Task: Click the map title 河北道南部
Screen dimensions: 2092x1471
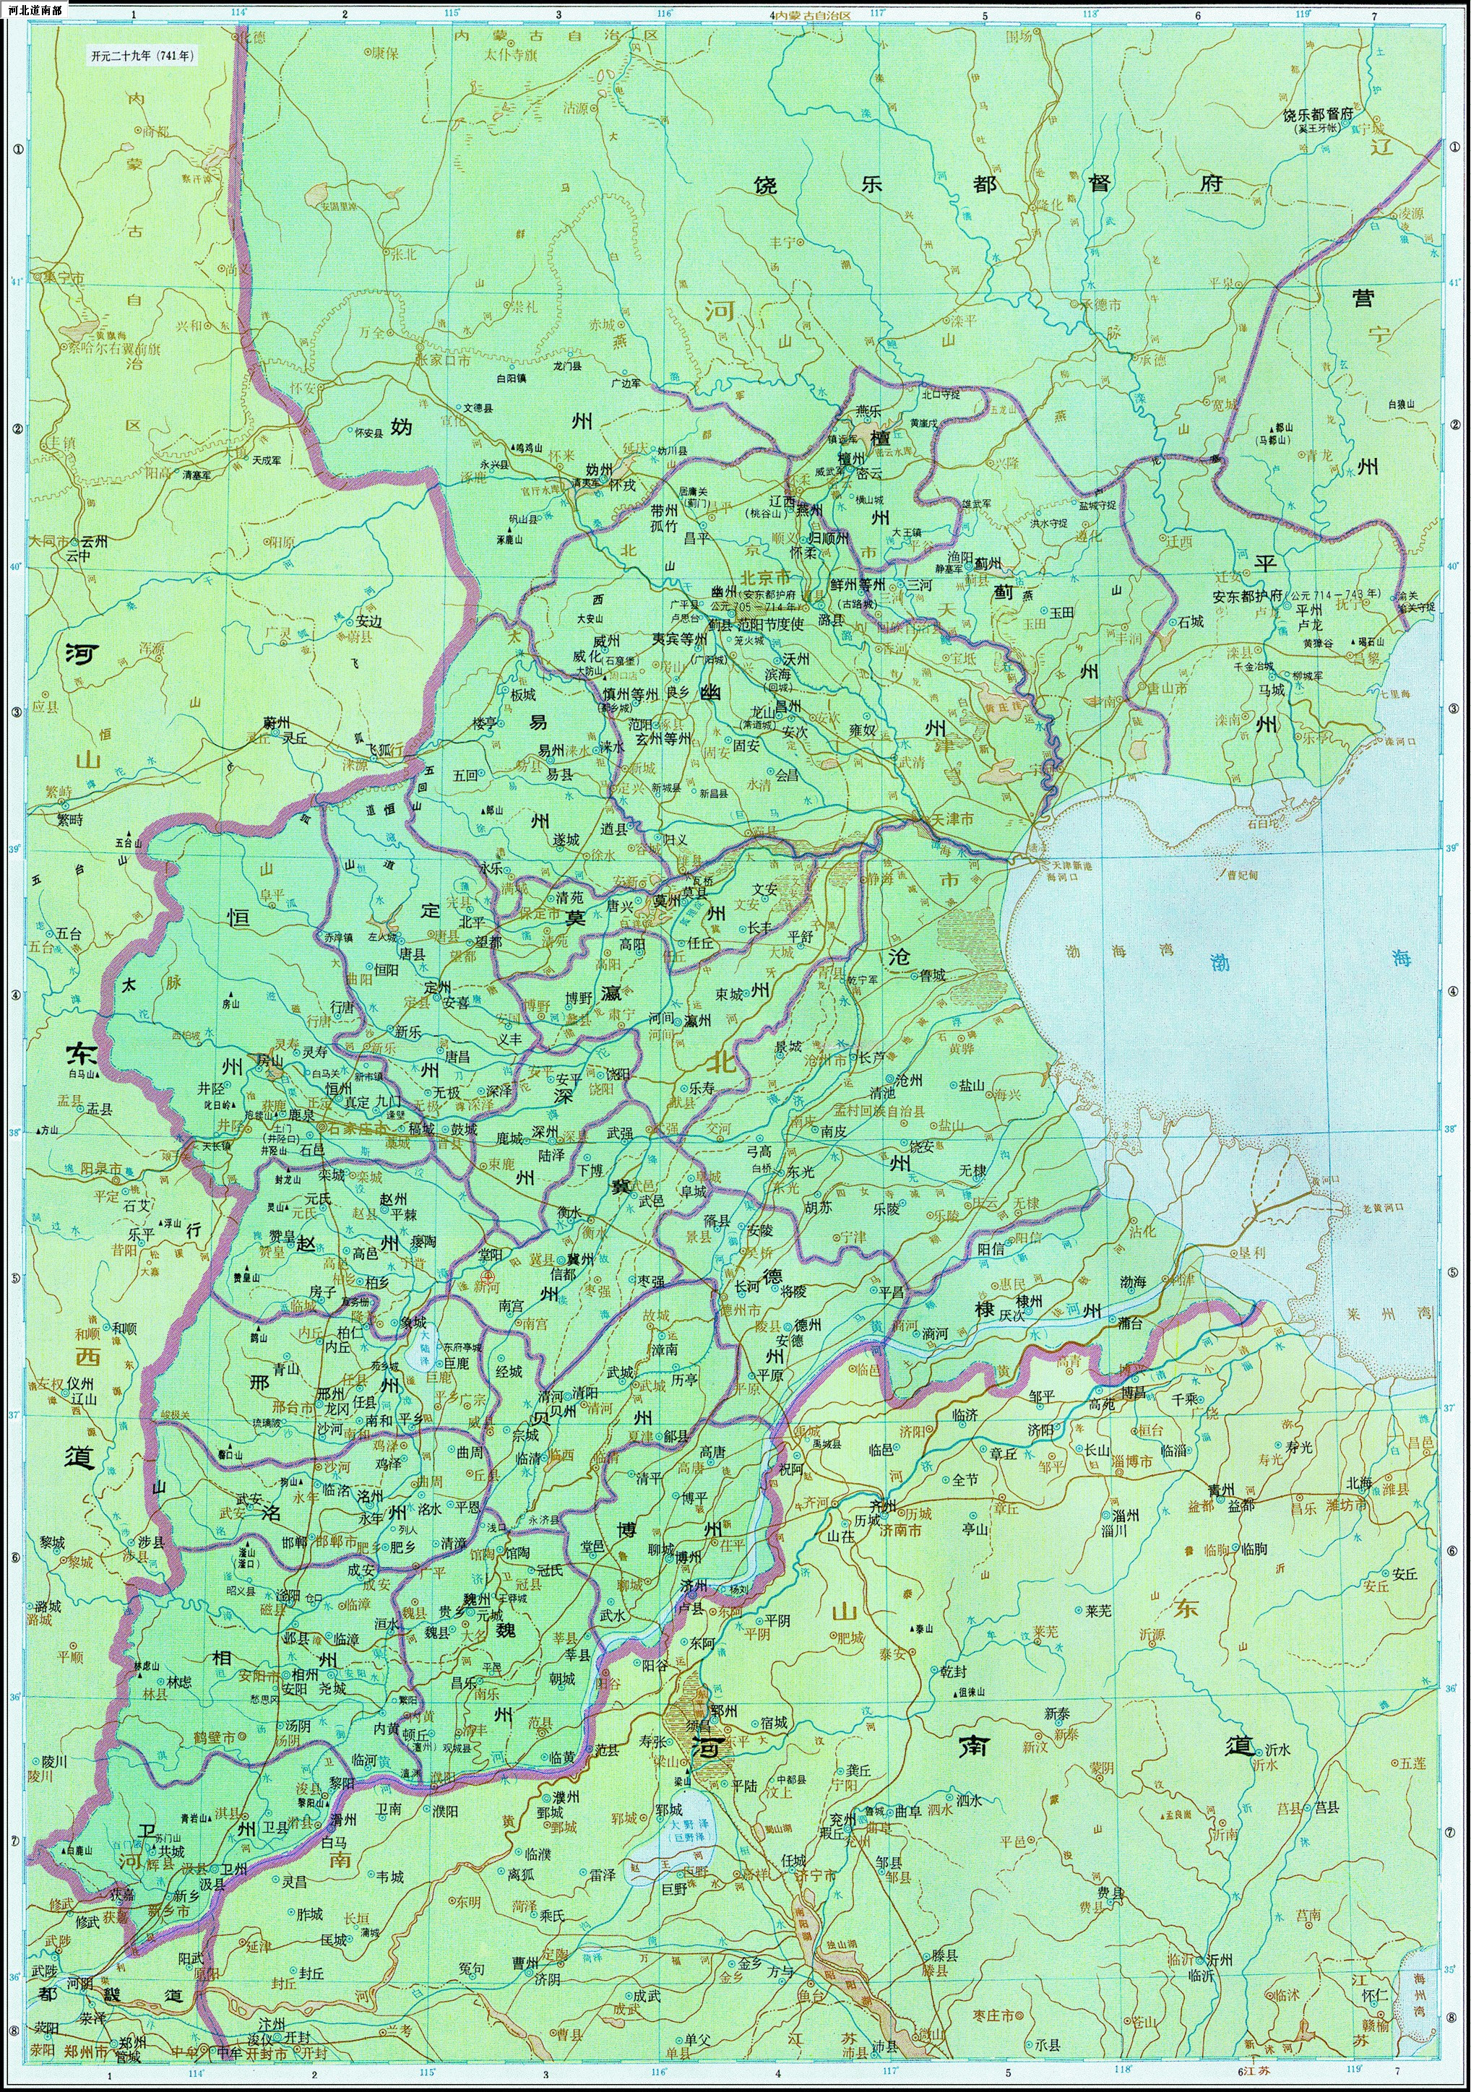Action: click(x=38, y=11)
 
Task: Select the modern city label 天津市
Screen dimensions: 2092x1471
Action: click(x=952, y=819)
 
